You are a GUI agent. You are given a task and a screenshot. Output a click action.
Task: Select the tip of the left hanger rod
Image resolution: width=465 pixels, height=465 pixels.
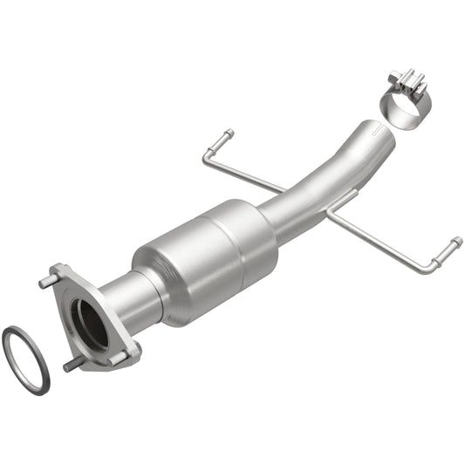tap(228, 134)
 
